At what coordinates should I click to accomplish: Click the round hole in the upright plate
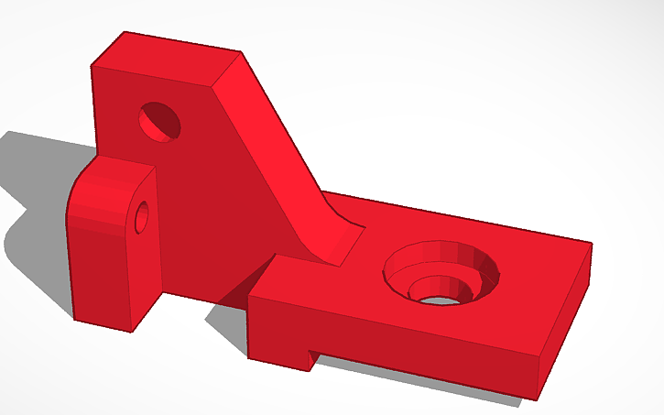pos(159,121)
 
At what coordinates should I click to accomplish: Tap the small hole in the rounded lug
pos(141,218)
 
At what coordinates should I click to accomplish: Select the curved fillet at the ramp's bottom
pos(334,240)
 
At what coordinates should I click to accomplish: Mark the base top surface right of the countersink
pos(540,266)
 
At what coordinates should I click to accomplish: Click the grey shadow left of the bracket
pos(37,183)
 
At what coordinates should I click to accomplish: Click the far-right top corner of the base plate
pos(591,245)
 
